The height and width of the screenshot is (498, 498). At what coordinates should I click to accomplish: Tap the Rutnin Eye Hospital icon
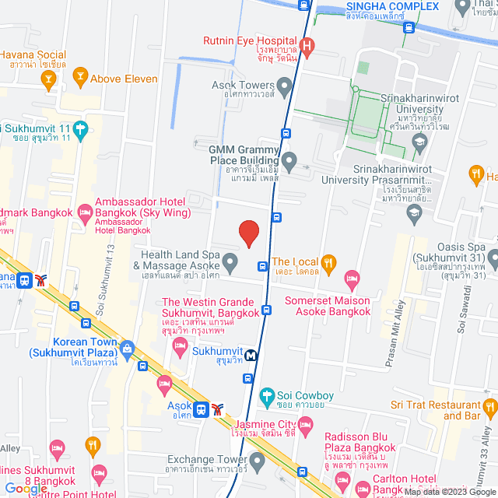[x=306, y=46]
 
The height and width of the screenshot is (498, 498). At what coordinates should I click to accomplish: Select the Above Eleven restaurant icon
[x=79, y=75]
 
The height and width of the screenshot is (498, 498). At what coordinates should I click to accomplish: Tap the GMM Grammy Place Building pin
[x=289, y=163]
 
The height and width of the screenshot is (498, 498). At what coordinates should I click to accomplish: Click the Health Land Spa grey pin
[x=230, y=261]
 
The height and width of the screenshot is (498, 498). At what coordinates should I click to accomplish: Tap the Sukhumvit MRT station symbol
[x=251, y=356]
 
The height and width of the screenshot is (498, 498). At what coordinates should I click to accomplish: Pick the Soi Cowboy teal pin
[x=267, y=395]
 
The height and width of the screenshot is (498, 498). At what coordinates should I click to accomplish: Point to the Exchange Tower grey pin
[x=258, y=460]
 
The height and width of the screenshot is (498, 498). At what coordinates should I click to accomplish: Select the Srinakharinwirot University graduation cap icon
[x=420, y=141]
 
